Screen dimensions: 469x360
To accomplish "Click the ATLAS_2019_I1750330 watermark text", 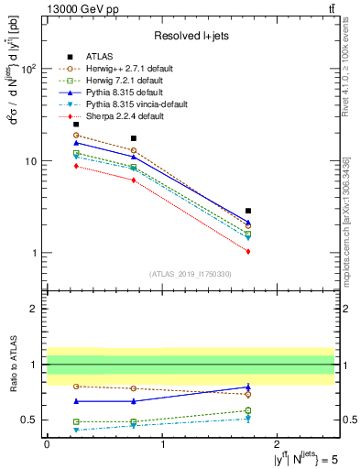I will click(x=190, y=274).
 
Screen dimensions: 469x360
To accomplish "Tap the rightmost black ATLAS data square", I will click(x=248, y=211).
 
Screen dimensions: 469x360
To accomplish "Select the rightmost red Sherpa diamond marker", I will click(x=248, y=251).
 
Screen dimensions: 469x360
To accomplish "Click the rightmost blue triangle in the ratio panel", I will click(x=248, y=387).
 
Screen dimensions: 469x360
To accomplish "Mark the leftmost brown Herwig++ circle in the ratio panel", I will click(x=76, y=387).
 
